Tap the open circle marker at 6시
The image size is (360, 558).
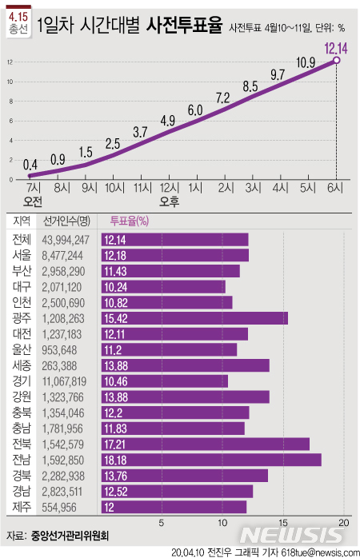[336, 61]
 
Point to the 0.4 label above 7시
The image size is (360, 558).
[31, 164]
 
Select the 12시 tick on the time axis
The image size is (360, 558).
[169, 188]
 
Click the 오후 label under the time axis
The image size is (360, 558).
[170, 201]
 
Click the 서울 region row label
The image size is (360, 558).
[22, 255]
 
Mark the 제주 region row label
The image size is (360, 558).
[22, 506]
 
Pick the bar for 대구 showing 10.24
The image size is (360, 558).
[163, 286]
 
